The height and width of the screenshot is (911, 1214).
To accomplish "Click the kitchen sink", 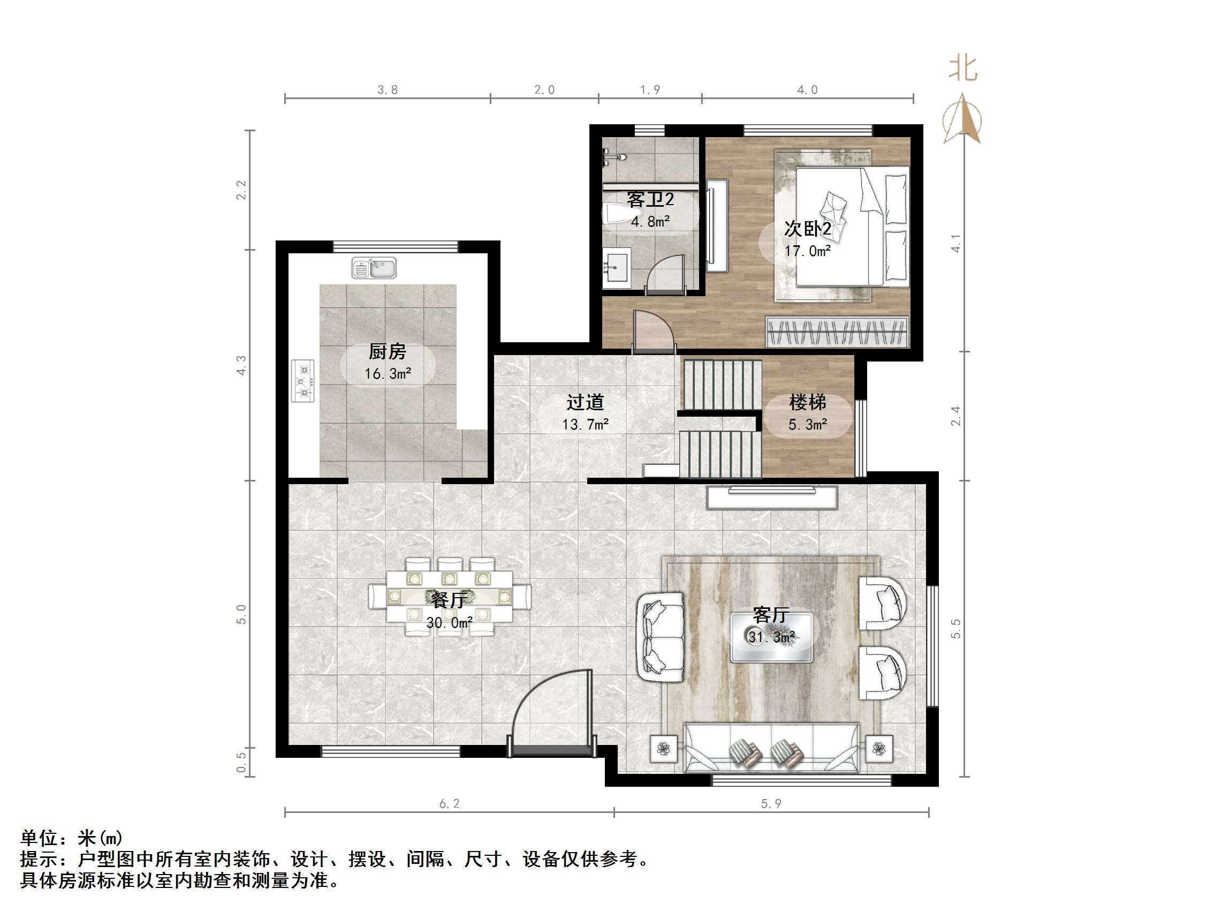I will [x=374, y=268].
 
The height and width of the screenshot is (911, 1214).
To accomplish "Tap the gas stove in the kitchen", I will [x=302, y=381].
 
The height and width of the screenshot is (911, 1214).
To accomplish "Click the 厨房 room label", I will [x=388, y=351].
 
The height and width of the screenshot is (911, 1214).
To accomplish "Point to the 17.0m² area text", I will [x=807, y=251].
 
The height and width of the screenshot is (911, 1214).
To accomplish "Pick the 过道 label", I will [x=585, y=402].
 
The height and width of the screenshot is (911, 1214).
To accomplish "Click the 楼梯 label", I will [x=807, y=403].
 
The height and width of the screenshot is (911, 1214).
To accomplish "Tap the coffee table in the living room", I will [x=771, y=637].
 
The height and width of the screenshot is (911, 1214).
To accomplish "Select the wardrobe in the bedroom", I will [x=837, y=332].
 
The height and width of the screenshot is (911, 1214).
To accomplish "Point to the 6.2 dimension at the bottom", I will [x=450, y=804].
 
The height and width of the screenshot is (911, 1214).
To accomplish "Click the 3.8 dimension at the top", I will [x=388, y=90].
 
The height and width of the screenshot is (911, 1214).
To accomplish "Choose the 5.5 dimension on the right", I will [x=955, y=629].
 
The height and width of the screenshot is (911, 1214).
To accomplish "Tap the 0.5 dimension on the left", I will [x=241, y=762].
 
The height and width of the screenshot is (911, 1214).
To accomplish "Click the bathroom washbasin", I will [x=617, y=267].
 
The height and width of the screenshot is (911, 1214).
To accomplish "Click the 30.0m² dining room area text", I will [x=450, y=623].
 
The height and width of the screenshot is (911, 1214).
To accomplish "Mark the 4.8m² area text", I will [x=650, y=221].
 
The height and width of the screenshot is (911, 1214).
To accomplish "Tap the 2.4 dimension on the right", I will [x=955, y=416].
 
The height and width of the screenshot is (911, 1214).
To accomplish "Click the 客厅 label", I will [x=771, y=615].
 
